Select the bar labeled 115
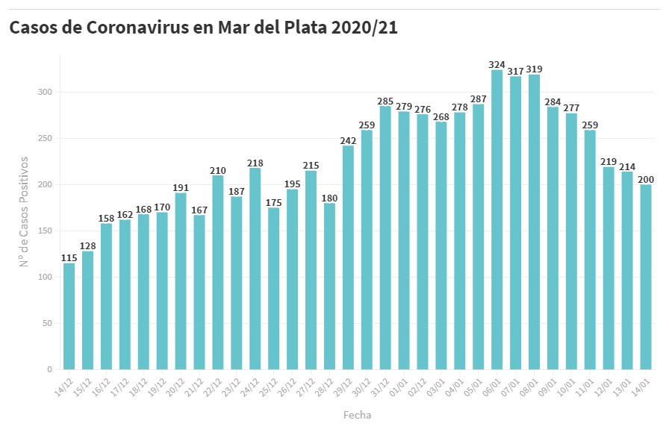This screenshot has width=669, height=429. (x=69, y=316)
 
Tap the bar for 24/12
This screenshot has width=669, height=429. (x=255, y=269)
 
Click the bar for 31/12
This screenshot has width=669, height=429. (x=385, y=238)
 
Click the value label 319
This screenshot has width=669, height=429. (x=534, y=69)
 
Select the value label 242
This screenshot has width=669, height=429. (x=349, y=140)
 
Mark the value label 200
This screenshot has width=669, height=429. (x=646, y=179)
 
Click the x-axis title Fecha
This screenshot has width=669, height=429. (x=357, y=415)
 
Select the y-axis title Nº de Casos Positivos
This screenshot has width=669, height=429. (x=25, y=211)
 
